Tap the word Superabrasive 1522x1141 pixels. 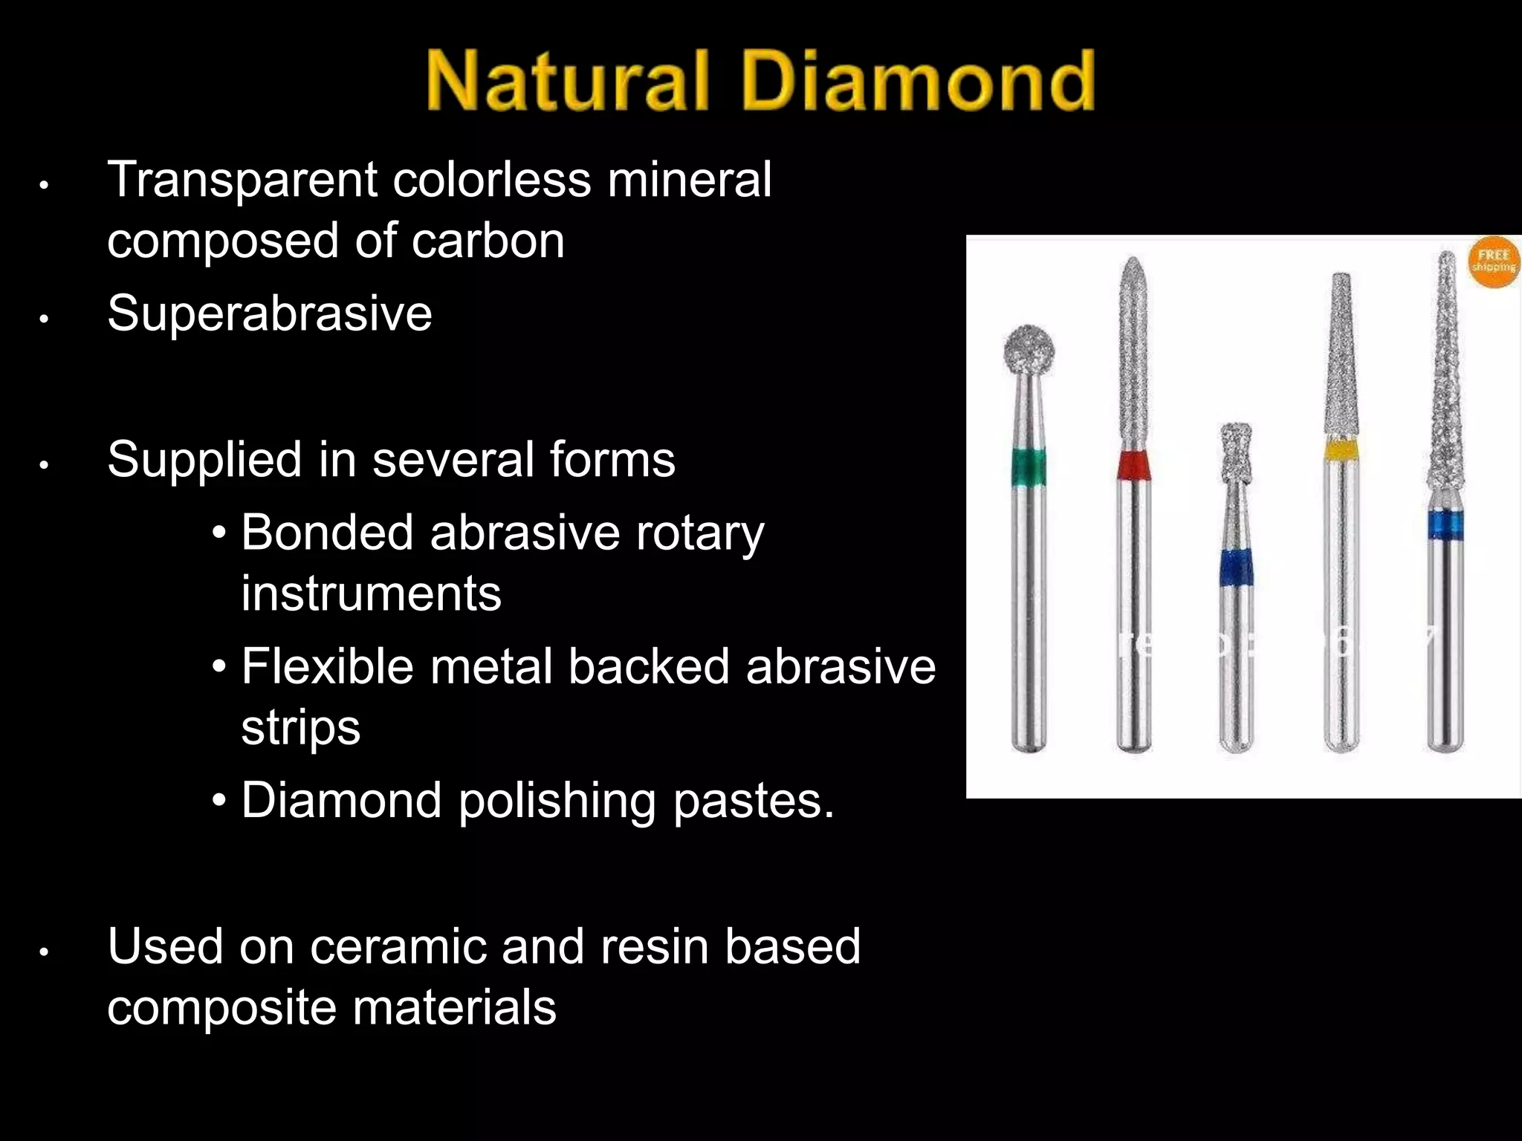coord(269,313)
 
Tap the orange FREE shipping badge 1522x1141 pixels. coord(1494,262)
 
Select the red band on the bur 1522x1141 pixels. coord(1134,465)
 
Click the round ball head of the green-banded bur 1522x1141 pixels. coord(1027,347)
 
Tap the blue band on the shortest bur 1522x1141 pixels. coord(1236,568)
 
